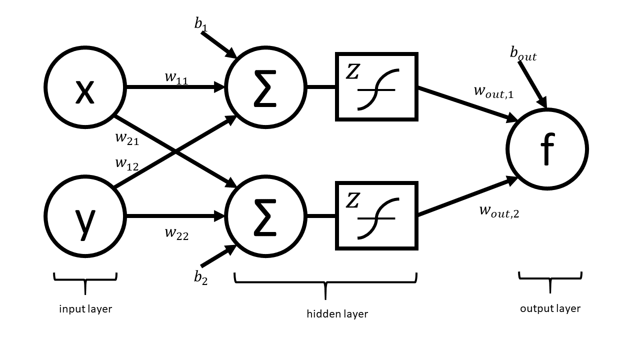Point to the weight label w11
176,77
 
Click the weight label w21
127,138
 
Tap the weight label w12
127,164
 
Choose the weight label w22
177,233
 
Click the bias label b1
201,24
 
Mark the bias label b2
201,277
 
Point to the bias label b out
523,53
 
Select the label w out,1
494,92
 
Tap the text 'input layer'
85,309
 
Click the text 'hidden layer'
337,314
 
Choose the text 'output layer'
550,309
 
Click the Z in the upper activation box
353,71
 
